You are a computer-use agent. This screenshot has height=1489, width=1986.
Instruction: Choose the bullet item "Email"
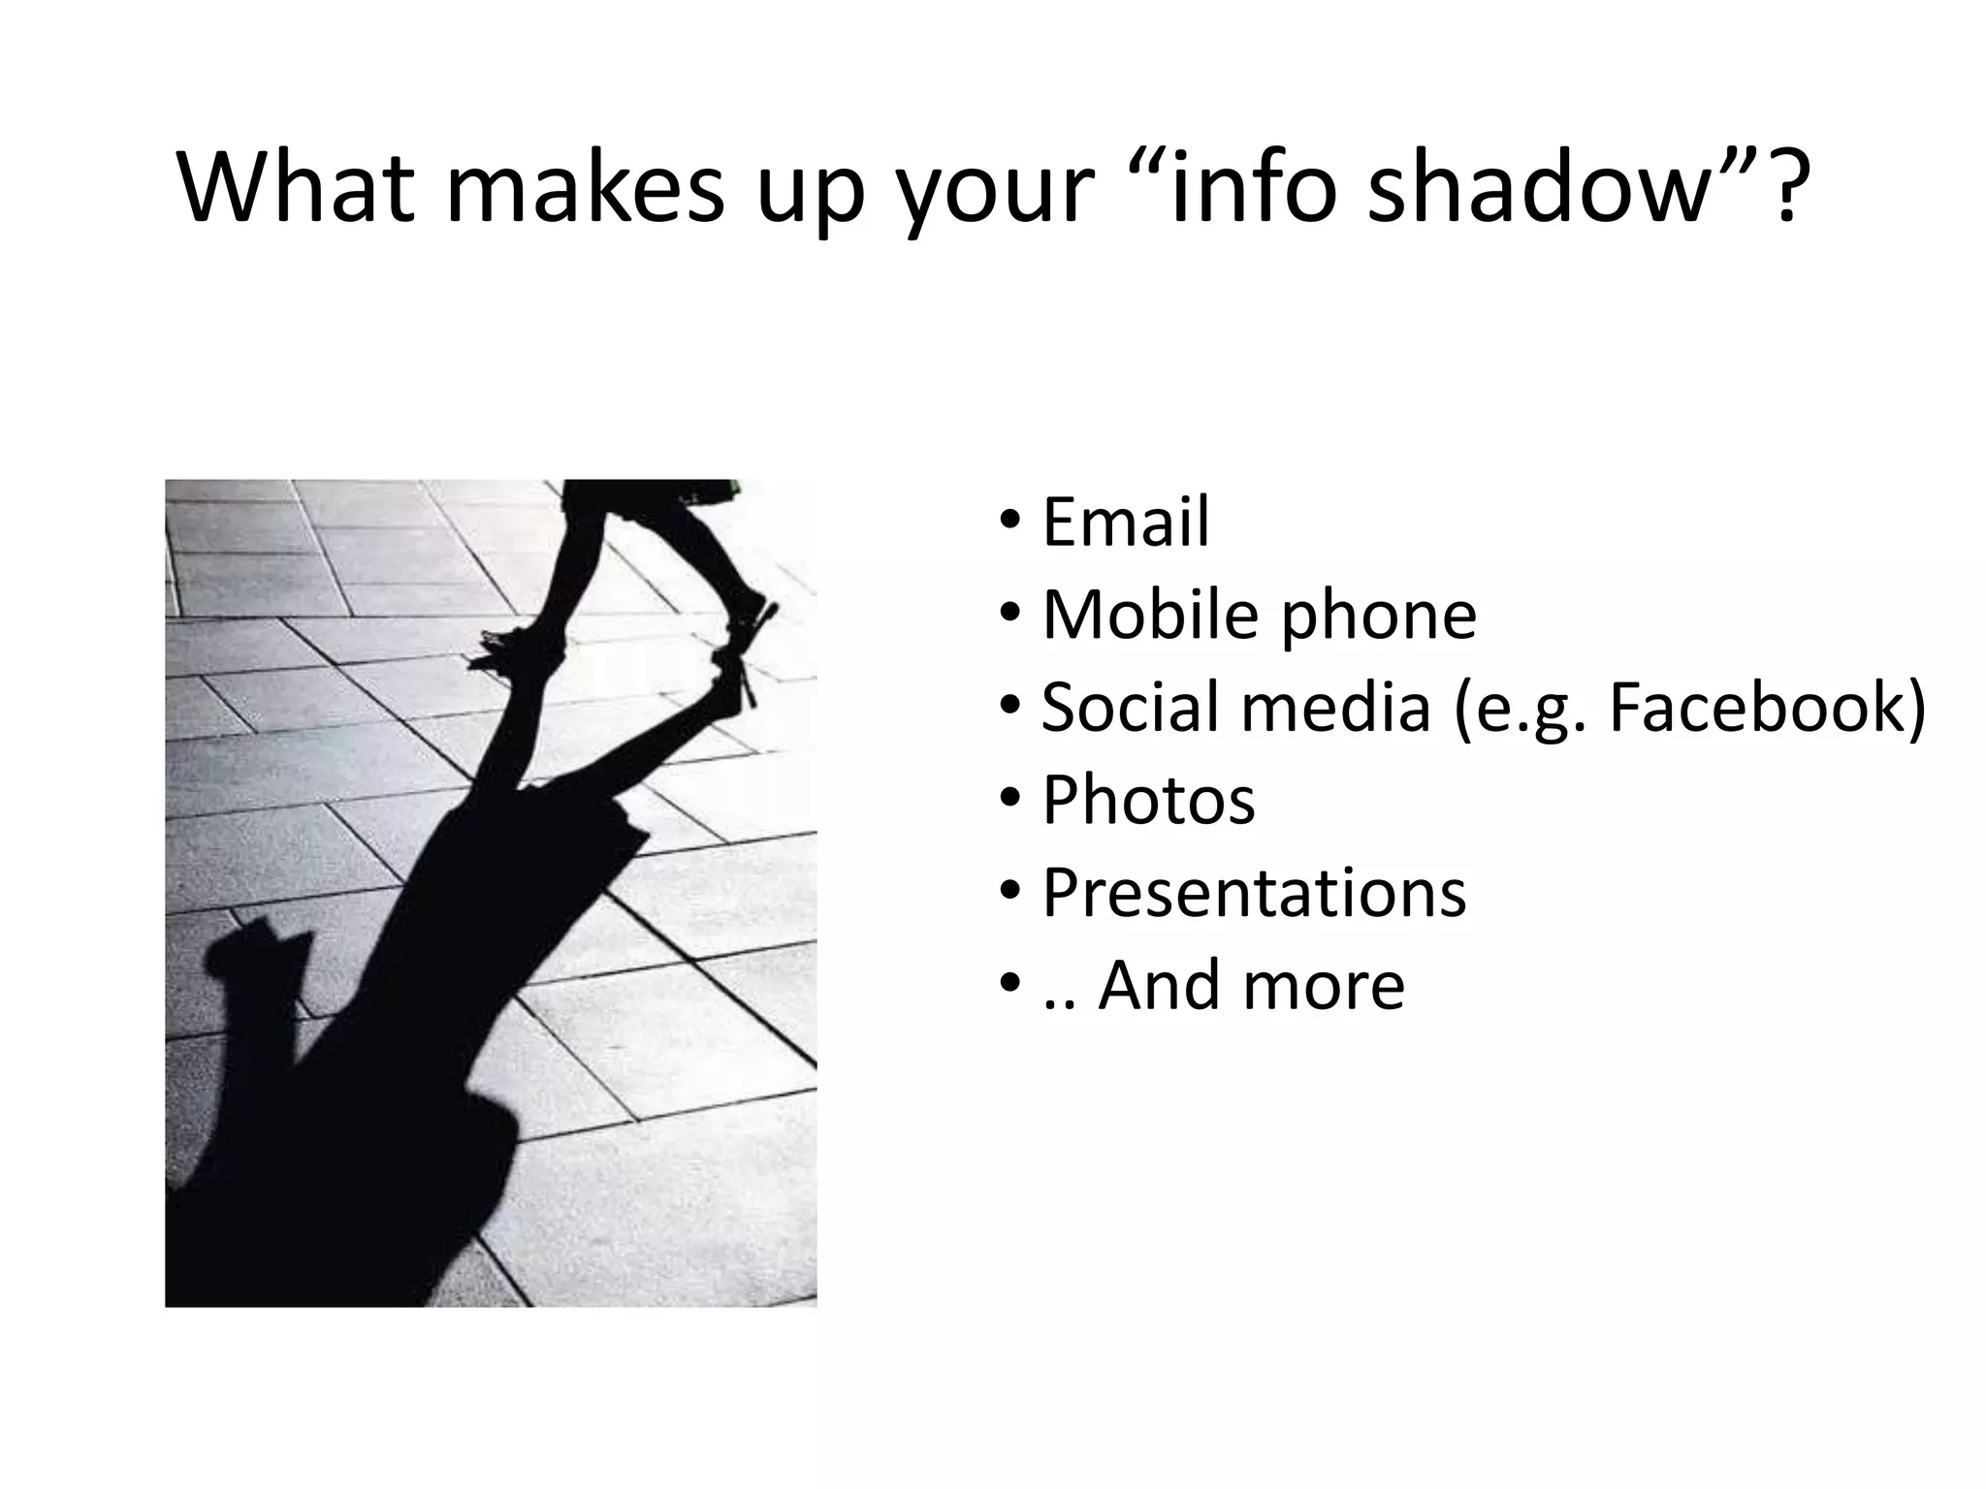(1125, 522)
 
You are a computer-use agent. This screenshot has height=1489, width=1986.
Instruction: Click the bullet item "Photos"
(1148, 801)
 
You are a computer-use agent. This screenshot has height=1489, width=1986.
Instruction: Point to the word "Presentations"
(1253, 893)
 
